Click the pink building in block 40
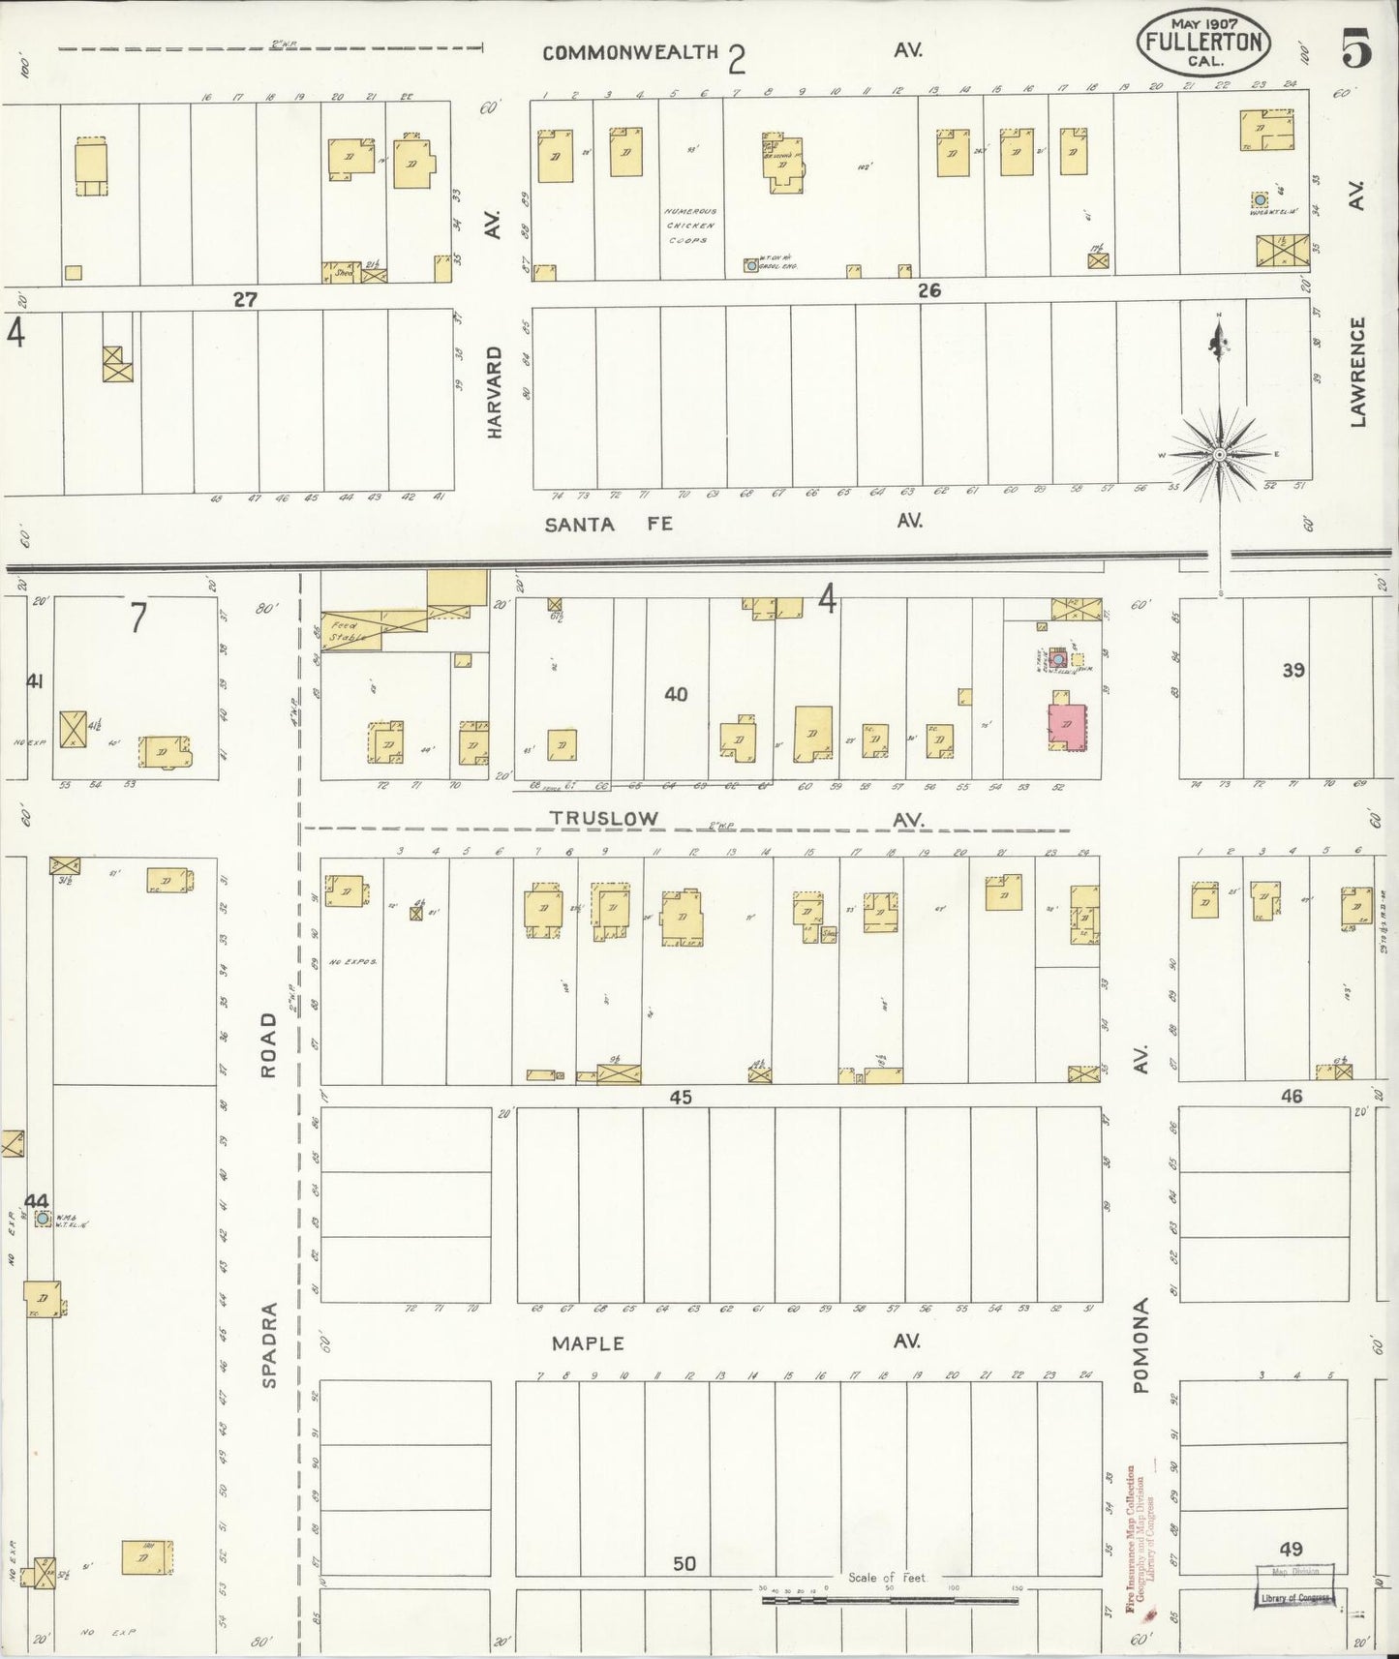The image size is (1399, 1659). [1067, 726]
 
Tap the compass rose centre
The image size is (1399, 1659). [1220, 454]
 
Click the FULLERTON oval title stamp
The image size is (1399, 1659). [1203, 43]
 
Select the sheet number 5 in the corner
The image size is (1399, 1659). [1355, 49]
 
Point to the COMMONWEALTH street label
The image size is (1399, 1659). [630, 53]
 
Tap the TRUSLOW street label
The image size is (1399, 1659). [604, 818]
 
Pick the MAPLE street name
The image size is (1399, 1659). [588, 1343]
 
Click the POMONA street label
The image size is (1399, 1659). [1141, 1345]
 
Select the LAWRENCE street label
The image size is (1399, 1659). [1357, 372]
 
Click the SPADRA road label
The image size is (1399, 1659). [269, 1345]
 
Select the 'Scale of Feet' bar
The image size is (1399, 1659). [889, 1600]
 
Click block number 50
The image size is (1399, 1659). [684, 1563]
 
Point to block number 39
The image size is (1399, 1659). [1293, 669]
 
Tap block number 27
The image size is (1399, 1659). [245, 299]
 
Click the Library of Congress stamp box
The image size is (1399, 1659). [1295, 1598]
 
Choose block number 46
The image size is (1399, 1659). [1291, 1096]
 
